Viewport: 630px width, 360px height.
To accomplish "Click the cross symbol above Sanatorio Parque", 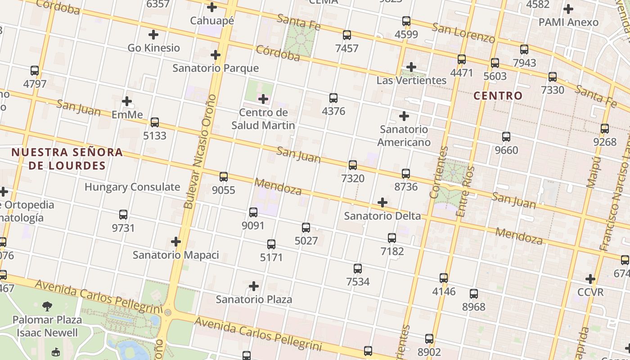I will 216,55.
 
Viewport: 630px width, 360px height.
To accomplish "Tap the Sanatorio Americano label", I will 404,136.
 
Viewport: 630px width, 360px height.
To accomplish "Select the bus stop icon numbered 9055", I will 224,177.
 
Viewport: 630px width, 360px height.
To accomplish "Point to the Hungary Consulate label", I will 132,187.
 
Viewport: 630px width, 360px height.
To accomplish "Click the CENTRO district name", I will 498,95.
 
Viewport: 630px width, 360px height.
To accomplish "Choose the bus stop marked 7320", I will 353,165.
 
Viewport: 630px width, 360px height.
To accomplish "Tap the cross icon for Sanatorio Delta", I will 382,202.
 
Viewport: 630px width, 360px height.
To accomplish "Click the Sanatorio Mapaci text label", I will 175,255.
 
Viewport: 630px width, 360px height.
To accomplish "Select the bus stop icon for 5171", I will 271,244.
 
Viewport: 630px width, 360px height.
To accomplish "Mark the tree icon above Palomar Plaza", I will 47,307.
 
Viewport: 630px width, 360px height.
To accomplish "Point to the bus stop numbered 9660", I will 506,137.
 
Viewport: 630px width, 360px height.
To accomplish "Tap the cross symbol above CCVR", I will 590,279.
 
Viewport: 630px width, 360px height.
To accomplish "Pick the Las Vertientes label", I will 411,81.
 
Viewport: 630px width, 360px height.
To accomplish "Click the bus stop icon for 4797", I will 35,71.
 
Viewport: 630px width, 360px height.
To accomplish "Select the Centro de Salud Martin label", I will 263,119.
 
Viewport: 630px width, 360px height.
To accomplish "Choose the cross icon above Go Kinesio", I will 153,34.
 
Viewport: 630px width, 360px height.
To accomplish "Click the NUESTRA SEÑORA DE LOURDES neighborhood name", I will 67,159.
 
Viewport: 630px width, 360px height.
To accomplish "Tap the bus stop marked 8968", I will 474,294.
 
